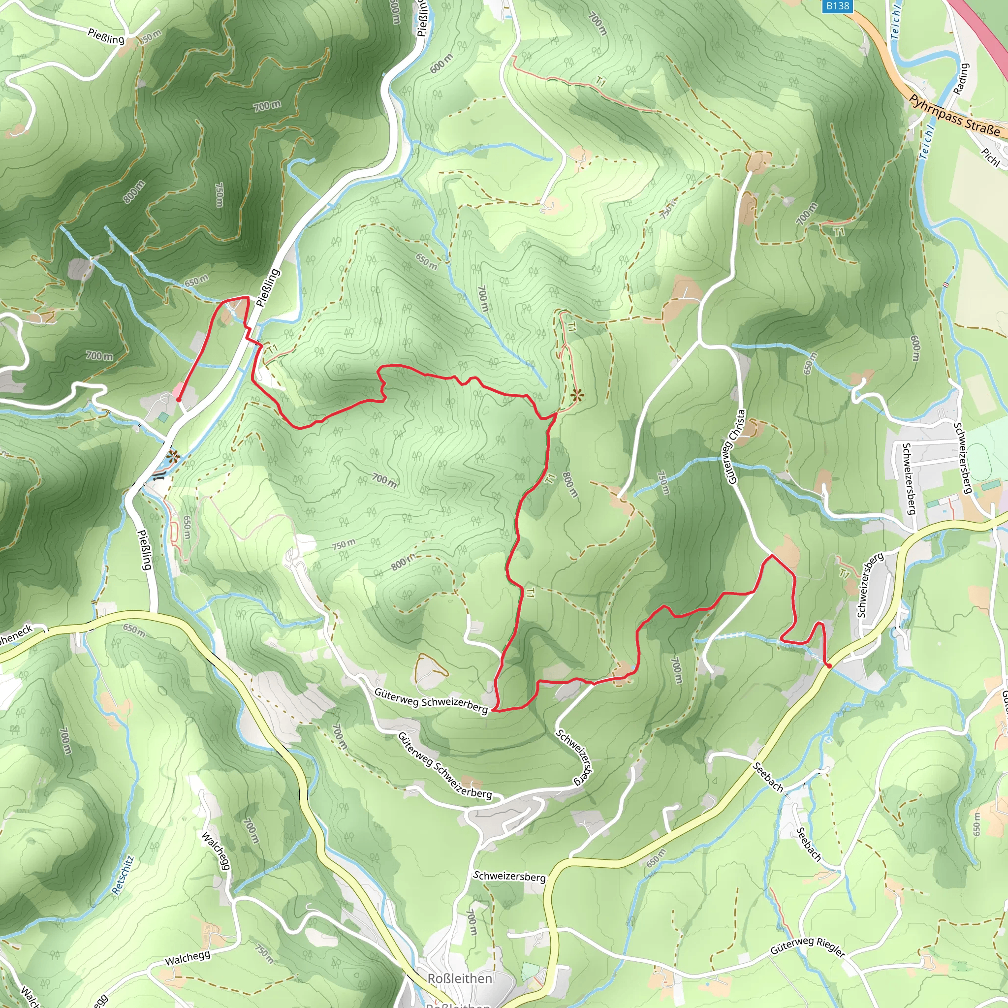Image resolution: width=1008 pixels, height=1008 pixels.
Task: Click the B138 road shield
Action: [837, 6]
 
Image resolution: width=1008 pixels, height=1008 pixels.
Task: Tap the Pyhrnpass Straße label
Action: [954, 116]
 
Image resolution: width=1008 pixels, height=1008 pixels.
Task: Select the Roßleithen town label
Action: [459, 978]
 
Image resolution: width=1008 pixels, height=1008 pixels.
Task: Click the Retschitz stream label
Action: [123, 875]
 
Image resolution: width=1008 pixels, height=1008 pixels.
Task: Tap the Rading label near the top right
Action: [961, 79]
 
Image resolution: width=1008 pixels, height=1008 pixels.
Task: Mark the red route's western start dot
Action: [179, 400]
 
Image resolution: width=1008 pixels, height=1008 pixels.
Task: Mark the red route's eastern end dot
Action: [829, 666]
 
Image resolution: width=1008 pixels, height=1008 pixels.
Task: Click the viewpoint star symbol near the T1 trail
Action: [576, 396]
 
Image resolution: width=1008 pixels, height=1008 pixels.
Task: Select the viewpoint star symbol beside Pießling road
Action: [173, 458]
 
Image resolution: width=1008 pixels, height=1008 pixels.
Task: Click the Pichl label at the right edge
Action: [990, 157]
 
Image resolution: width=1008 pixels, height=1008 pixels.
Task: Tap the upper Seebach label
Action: [768, 777]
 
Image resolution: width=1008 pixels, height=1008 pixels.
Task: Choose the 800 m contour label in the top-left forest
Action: [133, 191]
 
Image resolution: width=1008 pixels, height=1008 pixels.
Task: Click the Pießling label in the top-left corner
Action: [106, 36]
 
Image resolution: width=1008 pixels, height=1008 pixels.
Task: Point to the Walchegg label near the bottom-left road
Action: [188, 957]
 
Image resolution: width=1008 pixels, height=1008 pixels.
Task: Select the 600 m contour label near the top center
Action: [441, 63]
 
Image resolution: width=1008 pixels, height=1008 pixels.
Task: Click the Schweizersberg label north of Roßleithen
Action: [509, 876]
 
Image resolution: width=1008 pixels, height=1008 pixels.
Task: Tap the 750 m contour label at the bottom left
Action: [264, 953]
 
